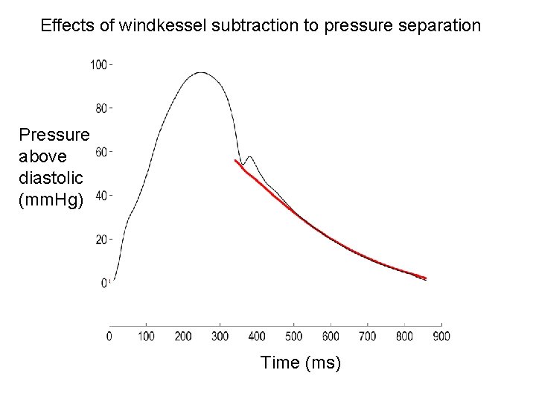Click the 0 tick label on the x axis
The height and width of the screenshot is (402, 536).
(110, 336)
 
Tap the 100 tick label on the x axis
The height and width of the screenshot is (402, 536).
(146, 336)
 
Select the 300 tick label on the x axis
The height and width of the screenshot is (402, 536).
(220, 336)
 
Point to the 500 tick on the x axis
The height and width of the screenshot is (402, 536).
(293, 336)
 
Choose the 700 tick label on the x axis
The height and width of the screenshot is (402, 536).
(367, 336)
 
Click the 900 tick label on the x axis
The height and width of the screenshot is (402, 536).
(441, 336)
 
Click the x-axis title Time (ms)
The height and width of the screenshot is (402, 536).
(301, 363)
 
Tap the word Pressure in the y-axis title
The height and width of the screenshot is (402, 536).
(54, 135)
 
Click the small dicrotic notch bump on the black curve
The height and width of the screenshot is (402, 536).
(250, 157)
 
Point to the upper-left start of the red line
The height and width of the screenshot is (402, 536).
(235, 160)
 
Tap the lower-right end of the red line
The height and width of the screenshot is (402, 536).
(425, 278)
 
